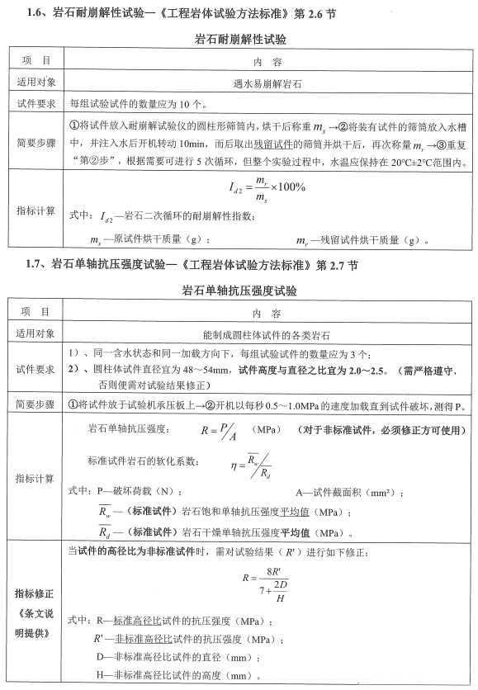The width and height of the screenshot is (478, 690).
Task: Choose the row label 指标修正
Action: (x=35, y=593)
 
